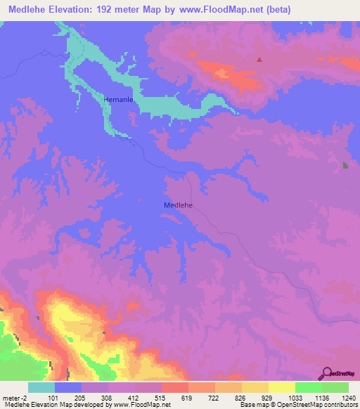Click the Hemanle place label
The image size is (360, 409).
click(x=118, y=100)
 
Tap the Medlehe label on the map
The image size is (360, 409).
click(x=178, y=205)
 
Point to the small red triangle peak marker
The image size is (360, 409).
click(x=259, y=59)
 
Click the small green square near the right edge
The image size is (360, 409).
click(x=345, y=165)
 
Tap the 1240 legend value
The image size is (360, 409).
click(x=340, y=397)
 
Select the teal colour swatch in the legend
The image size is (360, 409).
click(x=41, y=387)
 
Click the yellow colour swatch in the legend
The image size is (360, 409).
click(x=281, y=387)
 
